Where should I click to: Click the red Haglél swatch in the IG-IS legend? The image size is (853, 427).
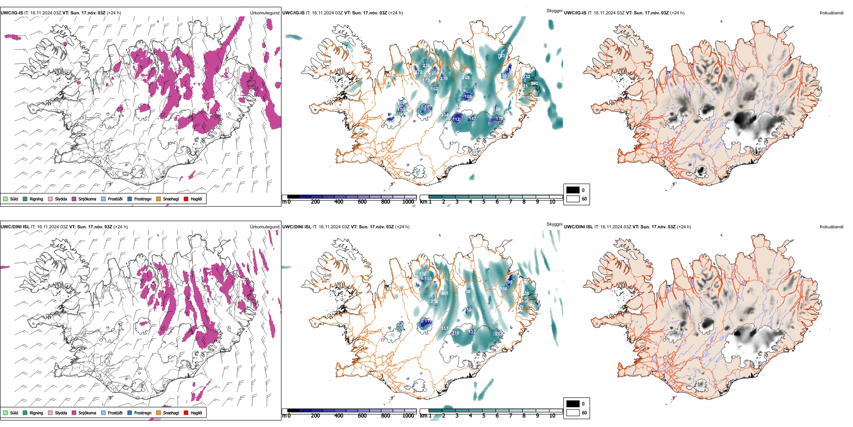pyautogui.click(x=186, y=199)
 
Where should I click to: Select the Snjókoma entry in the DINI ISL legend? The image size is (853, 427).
pyautogui.click(x=87, y=413)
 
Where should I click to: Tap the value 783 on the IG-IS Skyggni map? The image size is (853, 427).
pyautogui.click(x=501, y=56)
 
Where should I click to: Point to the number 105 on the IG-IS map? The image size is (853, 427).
pyautogui.click(x=468, y=96)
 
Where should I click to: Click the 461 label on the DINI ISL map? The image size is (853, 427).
pyautogui.click(x=444, y=294)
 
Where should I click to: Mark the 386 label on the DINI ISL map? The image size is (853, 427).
pyautogui.click(x=503, y=289)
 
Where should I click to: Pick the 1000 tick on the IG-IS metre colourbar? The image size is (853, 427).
pyautogui.click(x=408, y=202)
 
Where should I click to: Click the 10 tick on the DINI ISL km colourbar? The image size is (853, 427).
pyautogui.click(x=552, y=416)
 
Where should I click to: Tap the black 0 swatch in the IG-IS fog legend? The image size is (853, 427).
pyautogui.click(x=573, y=190)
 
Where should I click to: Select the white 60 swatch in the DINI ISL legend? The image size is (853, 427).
pyautogui.click(x=573, y=413)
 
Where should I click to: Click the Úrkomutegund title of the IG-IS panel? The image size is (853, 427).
pyautogui.click(x=264, y=13)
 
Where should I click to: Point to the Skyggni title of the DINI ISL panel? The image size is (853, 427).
pyautogui.click(x=554, y=224)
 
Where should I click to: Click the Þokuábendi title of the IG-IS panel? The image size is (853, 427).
pyautogui.click(x=831, y=13)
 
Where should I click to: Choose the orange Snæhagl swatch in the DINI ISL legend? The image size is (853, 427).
pyautogui.click(x=158, y=413)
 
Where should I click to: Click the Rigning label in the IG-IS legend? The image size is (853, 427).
pyautogui.click(x=36, y=199)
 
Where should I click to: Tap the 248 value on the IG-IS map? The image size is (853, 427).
pyautogui.click(x=466, y=78)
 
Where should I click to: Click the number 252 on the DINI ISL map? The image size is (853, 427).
pyautogui.click(x=434, y=302)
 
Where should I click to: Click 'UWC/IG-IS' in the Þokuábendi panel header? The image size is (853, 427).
pyautogui.click(x=575, y=13)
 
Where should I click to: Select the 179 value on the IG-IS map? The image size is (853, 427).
pyautogui.click(x=499, y=119)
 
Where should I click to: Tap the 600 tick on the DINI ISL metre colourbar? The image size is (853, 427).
pyautogui.click(x=362, y=416)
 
